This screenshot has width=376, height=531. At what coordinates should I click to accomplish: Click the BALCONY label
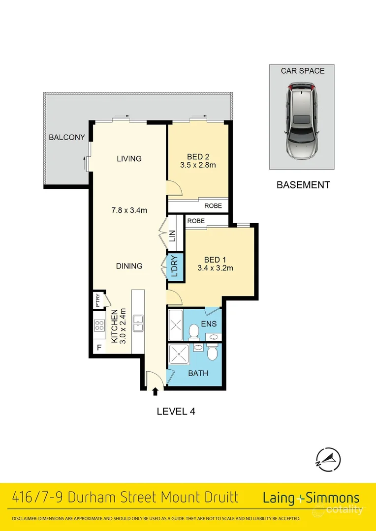tap(67, 138)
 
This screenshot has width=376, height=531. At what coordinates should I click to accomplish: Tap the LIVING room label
tap(129, 159)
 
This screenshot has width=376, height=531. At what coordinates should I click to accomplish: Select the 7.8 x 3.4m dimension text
tap(129, 210)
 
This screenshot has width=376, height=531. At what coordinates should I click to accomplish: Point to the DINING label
tap(129, 266)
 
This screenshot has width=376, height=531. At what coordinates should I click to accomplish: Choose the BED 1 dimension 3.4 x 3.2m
tap(215, 268)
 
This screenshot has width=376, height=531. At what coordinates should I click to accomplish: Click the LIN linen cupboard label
tap(172, 236)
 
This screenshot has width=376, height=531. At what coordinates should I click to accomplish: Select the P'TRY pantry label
tap(98, 300)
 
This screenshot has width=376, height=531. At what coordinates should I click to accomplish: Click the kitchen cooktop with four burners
tap(99, 325)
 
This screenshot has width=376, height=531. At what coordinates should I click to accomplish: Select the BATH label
tap(198, 373)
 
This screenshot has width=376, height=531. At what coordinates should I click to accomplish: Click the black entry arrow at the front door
tap(156, 392)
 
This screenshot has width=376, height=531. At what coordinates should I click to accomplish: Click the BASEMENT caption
tap(303, 185)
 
